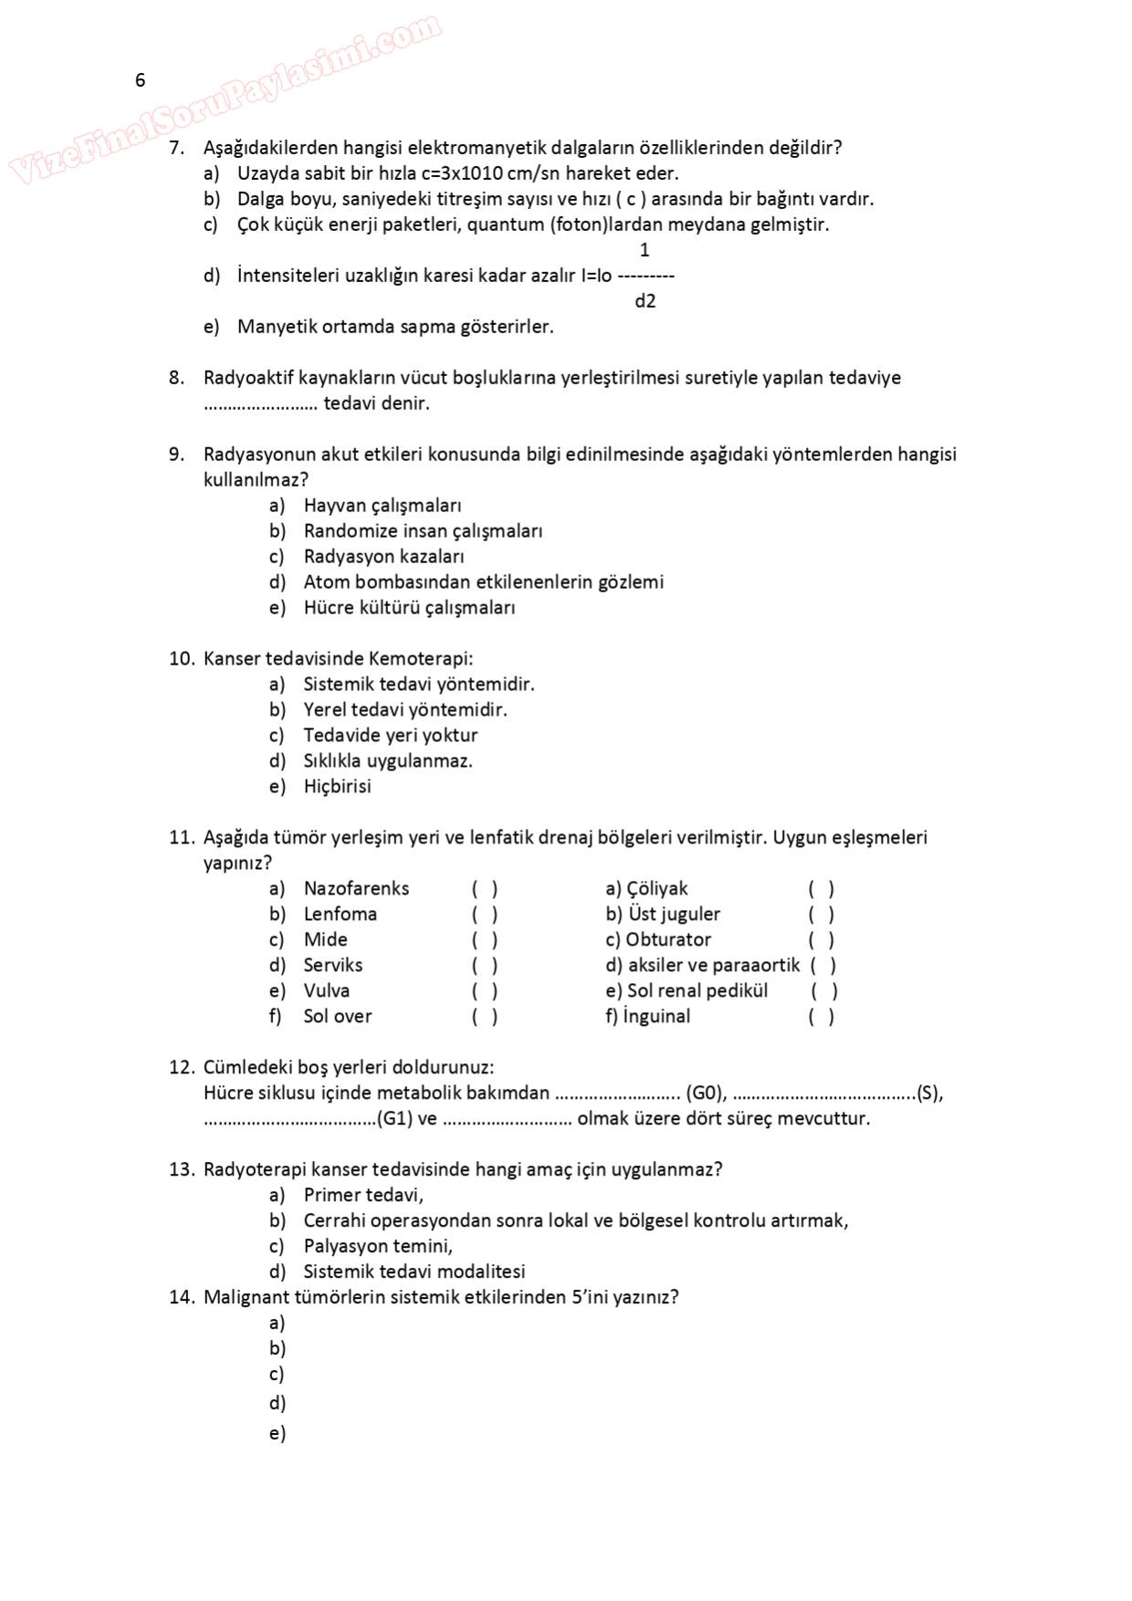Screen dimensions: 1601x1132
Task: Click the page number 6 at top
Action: click(140, 80)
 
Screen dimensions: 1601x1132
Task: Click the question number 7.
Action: click(176, 148)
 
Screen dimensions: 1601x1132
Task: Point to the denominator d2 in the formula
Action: click(645, 301)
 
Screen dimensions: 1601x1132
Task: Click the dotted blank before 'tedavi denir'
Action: click(260, 403)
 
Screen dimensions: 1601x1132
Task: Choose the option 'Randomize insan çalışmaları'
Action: click(423, 531)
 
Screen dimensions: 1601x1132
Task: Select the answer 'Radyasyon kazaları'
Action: click(383, 557)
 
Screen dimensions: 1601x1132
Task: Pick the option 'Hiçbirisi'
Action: click(337, 787)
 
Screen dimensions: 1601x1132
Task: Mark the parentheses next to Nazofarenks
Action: click(485, 889)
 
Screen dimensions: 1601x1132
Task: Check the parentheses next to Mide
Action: click(485, 940)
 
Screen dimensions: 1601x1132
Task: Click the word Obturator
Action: click(668, 940)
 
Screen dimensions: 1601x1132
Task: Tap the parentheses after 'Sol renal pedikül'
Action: click(823, 991)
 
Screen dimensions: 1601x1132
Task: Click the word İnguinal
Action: click(656, 1017)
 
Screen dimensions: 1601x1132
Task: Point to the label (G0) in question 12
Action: click(706, 1093)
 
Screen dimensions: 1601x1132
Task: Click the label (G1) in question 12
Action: click(394, 1119)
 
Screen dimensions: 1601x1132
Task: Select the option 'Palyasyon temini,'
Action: click(378, 1247)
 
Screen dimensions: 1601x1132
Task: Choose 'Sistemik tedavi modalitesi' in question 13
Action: click(414, 1272)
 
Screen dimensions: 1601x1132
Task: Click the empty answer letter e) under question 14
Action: click(278, 1434)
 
